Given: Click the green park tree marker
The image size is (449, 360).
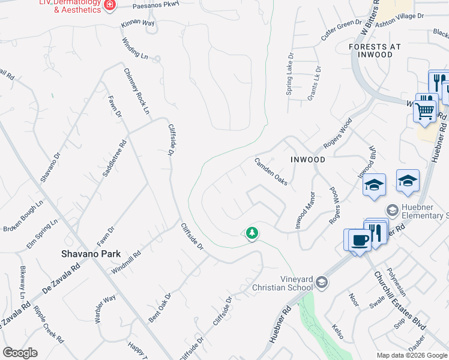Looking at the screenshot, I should pos(252,233).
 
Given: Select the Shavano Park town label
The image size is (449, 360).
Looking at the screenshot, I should pos(88,253).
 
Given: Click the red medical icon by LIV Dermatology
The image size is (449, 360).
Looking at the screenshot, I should pos(109,5).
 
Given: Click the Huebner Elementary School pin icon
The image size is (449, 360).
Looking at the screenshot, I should pos(392,210).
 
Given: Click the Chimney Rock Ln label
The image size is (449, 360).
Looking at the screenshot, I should pos(136,90).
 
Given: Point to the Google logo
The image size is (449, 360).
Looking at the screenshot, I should pos(20,353).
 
